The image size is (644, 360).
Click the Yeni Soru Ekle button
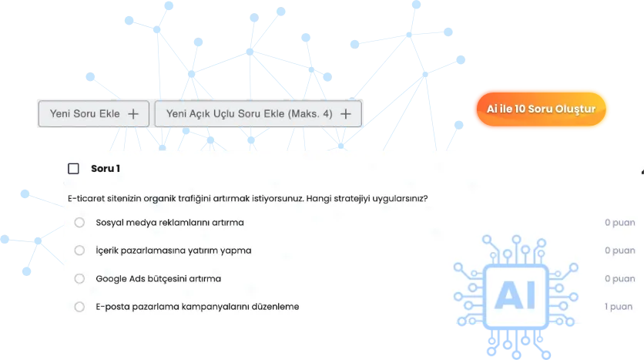click(94, 114)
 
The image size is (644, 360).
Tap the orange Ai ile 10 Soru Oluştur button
click(541, 109)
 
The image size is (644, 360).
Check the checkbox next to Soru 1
click(73, 169)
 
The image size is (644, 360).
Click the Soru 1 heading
click(106, 169)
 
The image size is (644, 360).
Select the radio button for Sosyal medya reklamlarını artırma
click(79, 222)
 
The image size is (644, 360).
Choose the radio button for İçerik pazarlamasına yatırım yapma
click(79, 251)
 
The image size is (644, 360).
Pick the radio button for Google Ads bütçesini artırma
click(79, 278)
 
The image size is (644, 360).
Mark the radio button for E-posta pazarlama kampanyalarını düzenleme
click(79, 307)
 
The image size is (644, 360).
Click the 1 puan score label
click(619, 307)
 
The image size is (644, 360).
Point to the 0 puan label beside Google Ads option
click(620, 278)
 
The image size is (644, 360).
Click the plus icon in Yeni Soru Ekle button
click(133, 114)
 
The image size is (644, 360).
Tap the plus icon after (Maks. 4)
click(346, 114)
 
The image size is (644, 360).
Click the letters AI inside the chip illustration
click(516, 294)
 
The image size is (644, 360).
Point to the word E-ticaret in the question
click(86, 198)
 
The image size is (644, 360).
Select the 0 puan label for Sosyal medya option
click(620, 222)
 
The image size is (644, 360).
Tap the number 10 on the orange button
click(520, 109)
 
